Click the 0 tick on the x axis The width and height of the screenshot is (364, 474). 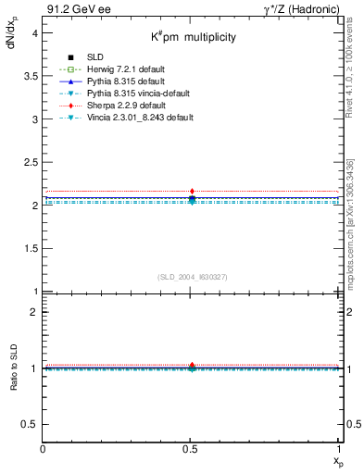pos(43,449)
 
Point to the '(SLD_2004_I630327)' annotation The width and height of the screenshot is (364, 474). pos(192,277)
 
